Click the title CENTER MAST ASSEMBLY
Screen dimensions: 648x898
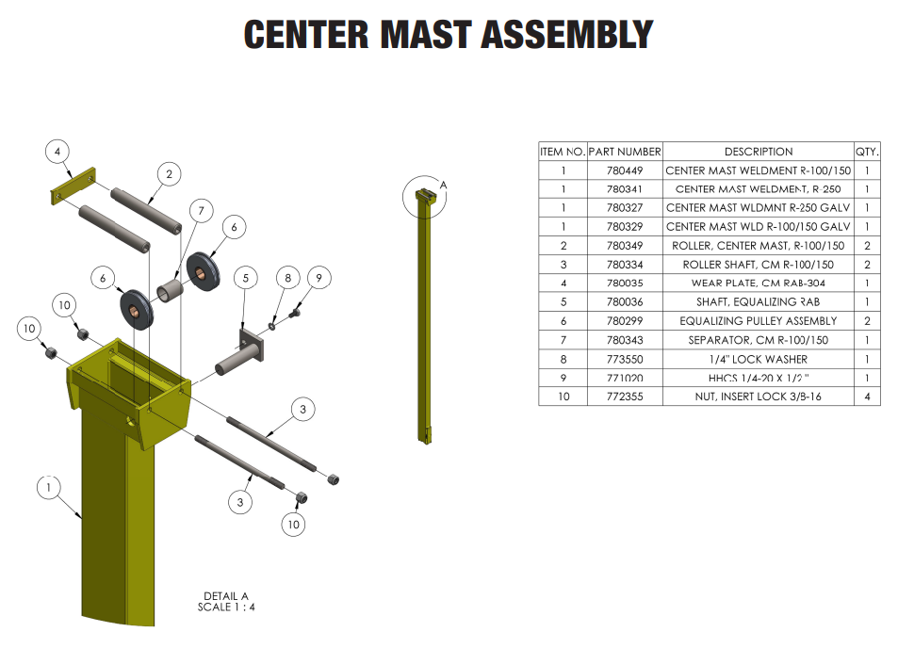(x=449, y=35)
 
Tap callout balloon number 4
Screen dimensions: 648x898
(x=57, y=152)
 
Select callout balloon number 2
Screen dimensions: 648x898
(x=169, y=174)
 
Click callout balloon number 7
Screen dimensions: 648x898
(x=200, y=211)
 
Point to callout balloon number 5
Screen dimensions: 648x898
(x=245, y=278)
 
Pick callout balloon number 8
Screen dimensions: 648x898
(x=288, y=278)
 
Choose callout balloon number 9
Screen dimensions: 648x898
(x=319, y=278)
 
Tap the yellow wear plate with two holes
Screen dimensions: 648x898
(x=73, y=186)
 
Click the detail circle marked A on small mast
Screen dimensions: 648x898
(x=421, y=197)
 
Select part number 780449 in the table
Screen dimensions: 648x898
(x=624, y=170)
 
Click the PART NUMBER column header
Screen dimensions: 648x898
(x=624, y=152)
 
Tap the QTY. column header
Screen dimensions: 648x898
(x=866, y=152)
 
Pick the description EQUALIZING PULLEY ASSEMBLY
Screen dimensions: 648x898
(x=758, y=321)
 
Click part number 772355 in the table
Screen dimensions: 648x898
(x=624, y=397)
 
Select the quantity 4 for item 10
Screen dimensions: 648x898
(x=866, y=397)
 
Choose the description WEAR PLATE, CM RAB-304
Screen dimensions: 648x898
(x=758, y=283)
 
